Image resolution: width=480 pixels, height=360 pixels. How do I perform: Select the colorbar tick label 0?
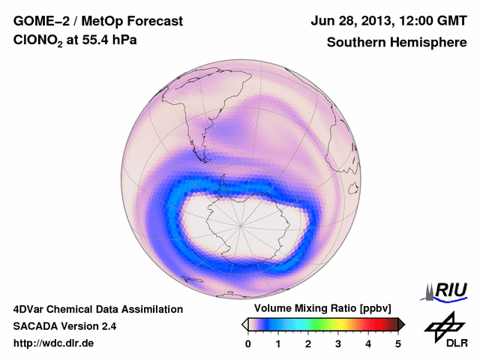pos(248,343)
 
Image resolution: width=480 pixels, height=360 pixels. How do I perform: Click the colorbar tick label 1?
pos(278,343)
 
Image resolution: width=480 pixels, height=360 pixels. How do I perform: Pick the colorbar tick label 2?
pos(308,343)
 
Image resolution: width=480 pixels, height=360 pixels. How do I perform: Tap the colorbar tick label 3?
pos(338,343)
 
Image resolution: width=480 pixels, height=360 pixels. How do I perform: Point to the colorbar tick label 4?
pos(368,343)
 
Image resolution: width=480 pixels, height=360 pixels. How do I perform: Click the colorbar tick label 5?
pos(398,343)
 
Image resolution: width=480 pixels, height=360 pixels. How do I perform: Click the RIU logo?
pos(447,290)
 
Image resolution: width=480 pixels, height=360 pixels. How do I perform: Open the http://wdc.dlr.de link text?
pos(54,343)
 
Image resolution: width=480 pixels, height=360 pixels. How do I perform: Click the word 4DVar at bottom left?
pos(30,309)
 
